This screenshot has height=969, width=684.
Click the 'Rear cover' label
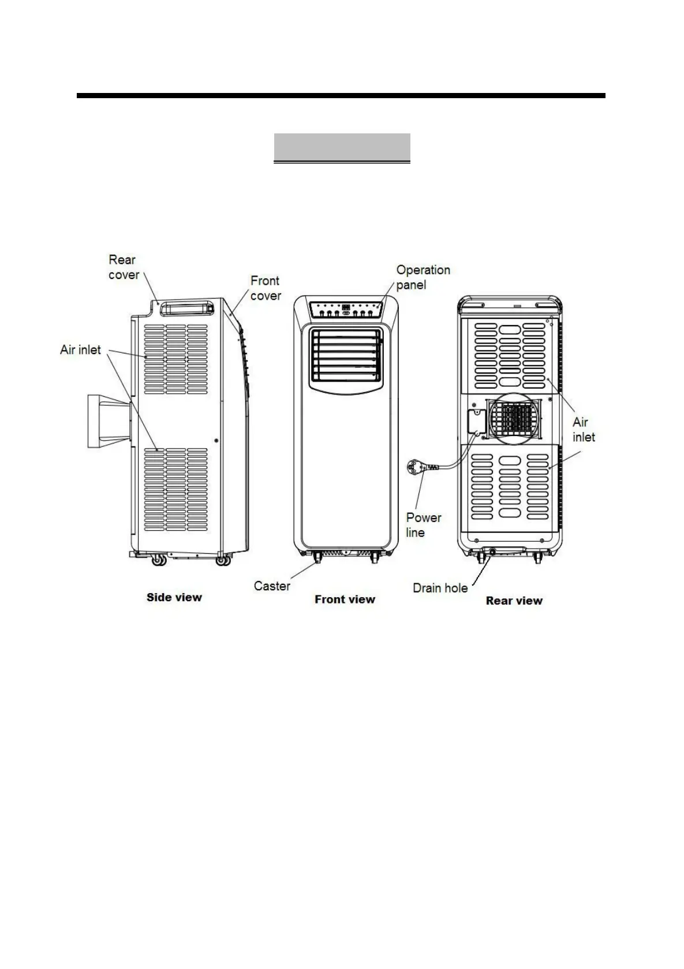tap(124, 267)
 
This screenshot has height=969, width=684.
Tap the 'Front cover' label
tap(266, 288)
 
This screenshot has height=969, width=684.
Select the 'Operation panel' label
tap(423, 277)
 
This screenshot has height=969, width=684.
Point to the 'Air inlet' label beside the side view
tap(80, 350)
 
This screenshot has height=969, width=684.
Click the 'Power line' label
tap(423, 525)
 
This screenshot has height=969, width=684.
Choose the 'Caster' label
tap(272, 586)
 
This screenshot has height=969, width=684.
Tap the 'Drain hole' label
tap(440, 588)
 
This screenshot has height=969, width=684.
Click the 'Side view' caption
tap(174, 598)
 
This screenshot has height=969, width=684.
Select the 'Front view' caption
tap(345, 599)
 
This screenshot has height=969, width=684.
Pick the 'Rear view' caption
tap(514, 601)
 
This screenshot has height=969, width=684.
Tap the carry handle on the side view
tap(185, 309)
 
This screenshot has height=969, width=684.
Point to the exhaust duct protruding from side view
tap(108, 421)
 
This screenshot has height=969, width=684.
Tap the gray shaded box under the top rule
tap(342, 147)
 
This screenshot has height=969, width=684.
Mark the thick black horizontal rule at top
tap(341, 95)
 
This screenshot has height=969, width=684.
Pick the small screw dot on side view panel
tap(216, 441)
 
